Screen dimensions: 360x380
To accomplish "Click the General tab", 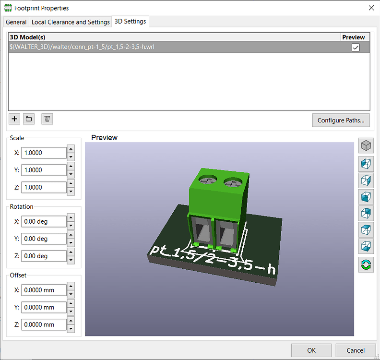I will tap(16, 22).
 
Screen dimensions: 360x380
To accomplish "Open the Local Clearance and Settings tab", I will tap(71, 22).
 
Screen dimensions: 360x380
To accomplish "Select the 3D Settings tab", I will tap(131, 22).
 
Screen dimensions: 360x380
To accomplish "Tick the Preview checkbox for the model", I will tap(356, 47).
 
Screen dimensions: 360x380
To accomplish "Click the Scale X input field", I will tap(44, 153).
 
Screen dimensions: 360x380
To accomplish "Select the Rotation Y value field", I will tap(44, 239).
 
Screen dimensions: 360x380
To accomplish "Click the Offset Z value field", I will tap(44, 324).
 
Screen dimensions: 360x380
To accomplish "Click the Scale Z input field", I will tap(44, 187).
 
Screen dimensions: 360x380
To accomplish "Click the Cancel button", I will tap(356, 350).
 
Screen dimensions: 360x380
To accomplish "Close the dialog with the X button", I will tap(371, 8).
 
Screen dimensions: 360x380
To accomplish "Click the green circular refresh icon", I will tap(367, 264).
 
